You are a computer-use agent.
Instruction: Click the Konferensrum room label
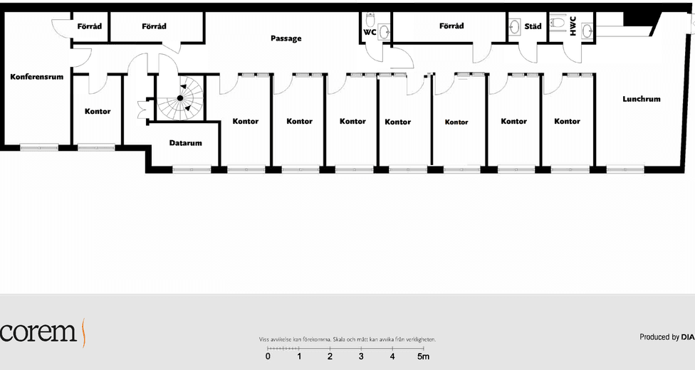(x=37, y=77)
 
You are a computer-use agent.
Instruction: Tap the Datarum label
(x=185, y=143)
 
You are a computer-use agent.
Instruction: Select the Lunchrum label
(x=642, y=99)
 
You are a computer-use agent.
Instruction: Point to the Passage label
(x=286, y=38)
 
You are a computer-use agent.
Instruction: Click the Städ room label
(x=533, y=26)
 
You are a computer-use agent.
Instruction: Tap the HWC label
(x=573, y=26)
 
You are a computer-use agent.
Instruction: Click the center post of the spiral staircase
(x=180, y=98)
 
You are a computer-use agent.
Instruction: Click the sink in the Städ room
(x=514, y=27)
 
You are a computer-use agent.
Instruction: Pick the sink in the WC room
(x=385, y=31)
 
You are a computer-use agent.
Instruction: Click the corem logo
(x=42, y=332)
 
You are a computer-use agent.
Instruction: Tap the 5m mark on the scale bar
(x=423, y=356)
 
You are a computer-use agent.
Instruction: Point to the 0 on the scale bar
(x=268, y=356)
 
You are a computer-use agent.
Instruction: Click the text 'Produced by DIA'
(x=667, y=337)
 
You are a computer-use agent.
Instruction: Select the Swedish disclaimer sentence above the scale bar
(x=347, y=339)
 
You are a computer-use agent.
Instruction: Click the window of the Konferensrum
(x=39, y=147)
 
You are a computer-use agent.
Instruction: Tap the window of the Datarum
(x=192, y=169)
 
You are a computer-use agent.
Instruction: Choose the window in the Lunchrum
(x=625, y=169)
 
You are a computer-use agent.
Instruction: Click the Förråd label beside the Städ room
(x=451, y=26)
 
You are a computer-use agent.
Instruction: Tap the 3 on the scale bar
(x=361, y=356)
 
